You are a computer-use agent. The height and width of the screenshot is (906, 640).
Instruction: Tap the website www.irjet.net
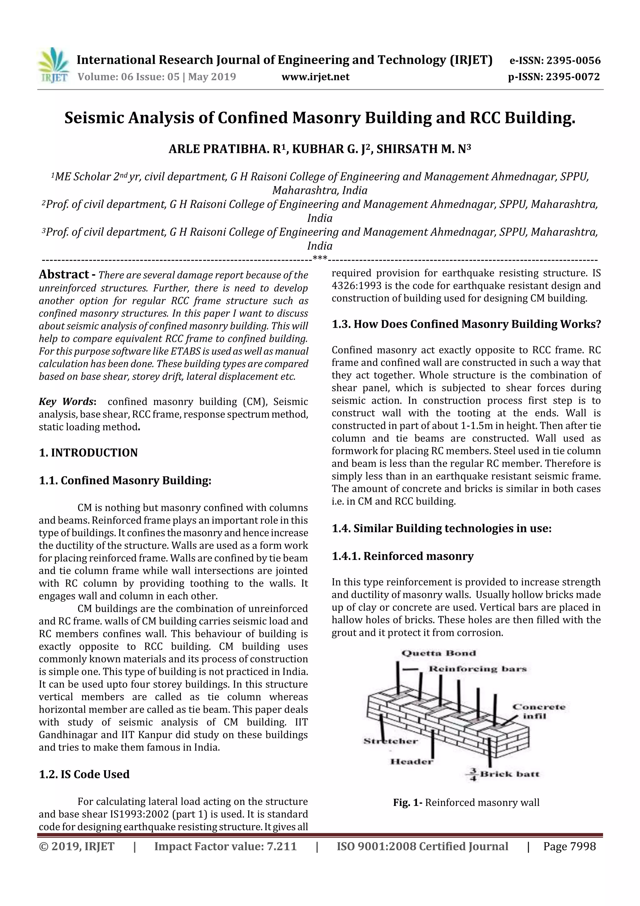tap(315, 77)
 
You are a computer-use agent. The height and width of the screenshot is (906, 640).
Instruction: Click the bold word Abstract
tap(64, 274)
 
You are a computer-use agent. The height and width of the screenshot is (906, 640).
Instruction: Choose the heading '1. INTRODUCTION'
tap(88, 453)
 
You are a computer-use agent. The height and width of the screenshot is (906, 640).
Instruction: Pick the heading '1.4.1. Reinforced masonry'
tap(402, 556)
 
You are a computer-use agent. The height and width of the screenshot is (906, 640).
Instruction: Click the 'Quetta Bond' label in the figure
tap(438, 653)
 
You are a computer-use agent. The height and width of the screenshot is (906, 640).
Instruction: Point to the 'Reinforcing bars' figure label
tap(477, 669)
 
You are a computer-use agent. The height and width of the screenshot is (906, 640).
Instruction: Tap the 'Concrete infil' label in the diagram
tap(539, 711)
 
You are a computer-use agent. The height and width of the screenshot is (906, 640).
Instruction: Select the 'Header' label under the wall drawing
tap(411, 761)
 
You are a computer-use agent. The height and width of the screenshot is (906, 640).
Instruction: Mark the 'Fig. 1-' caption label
tap(408, 802)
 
